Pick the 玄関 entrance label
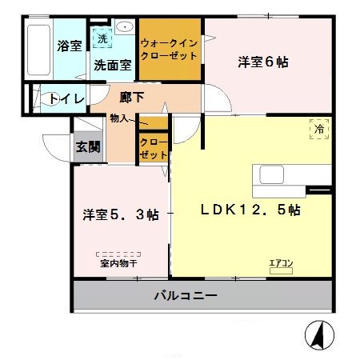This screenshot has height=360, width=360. tap(88, 146)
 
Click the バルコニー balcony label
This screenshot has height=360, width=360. tap(186, 296)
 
